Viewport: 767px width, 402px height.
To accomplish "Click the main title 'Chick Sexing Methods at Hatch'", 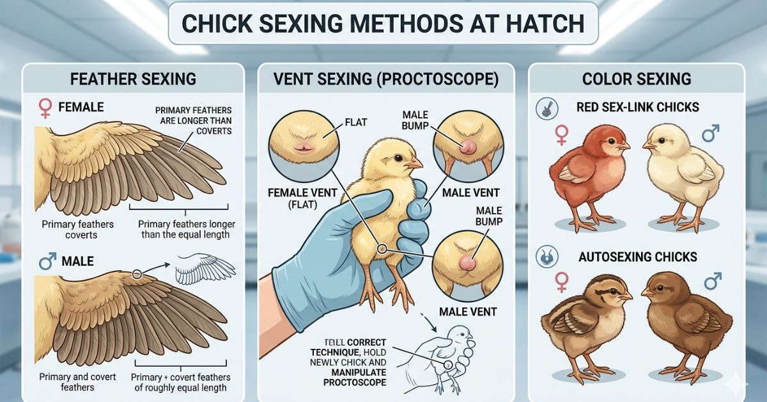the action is pos(383,24).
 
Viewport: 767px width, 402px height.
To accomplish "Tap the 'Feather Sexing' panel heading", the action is pos(133,79).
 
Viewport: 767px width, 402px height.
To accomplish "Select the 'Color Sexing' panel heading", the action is pos(637,79).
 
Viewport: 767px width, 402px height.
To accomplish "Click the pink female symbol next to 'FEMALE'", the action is pos(45,108).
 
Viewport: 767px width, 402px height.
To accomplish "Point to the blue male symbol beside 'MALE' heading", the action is pos(47,261).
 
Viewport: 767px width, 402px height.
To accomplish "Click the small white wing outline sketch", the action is pos(205,269).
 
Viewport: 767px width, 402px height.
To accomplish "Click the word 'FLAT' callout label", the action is pos(356,122).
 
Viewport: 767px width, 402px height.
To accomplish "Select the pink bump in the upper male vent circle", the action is pos(468,147).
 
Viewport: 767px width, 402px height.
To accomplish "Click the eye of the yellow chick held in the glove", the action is pos(398,158).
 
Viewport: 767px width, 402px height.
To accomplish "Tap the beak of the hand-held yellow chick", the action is pos(414,164).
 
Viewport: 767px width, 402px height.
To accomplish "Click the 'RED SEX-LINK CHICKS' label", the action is pos(638,108).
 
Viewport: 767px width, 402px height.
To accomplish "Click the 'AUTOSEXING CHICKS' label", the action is pos(638,257).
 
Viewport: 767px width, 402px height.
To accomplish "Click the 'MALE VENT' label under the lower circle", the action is pos(468,312).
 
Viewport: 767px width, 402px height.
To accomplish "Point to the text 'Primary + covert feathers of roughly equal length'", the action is pos(180,382).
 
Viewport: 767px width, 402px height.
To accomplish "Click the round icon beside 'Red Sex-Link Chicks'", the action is pos(547,108).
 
